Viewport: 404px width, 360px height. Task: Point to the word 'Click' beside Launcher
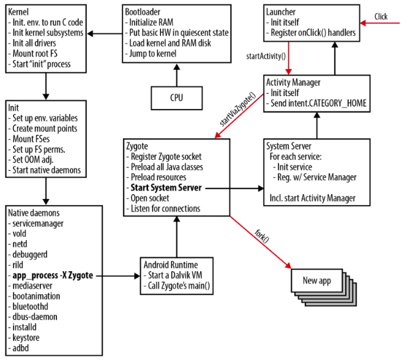[381, 16]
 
